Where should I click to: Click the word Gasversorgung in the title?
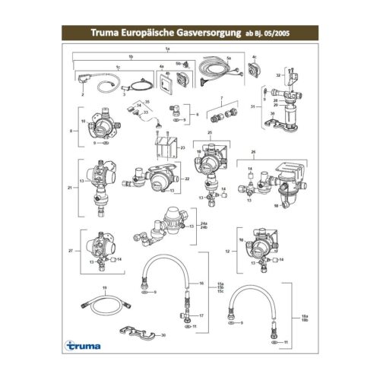click(200, 33)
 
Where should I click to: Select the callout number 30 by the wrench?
click(163, 334)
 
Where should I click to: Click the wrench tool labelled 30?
click(136, 331)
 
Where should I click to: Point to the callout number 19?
click(105, 287)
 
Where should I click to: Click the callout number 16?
click(201, 283)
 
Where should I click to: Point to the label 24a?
click(201, 223)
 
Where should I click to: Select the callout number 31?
click(252, 107)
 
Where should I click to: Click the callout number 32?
click(279, 76)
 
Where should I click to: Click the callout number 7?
click(221, 99)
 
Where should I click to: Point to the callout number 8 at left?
click(71, 131)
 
